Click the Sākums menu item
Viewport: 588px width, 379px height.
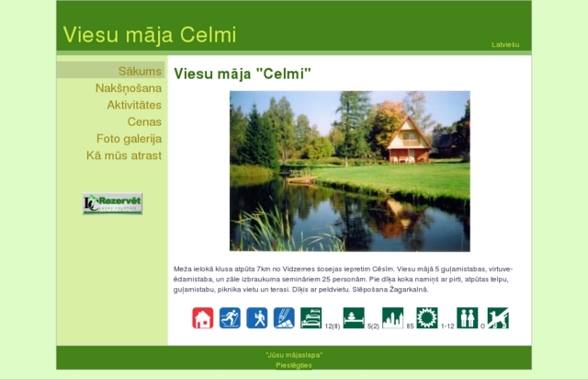tap(140, 71)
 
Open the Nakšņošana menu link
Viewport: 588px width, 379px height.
tap(129, 88)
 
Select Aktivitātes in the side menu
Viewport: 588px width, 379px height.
tap(134, 105)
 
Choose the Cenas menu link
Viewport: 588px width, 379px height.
tap(144, 121)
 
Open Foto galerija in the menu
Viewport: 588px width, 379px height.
tap(129, 139)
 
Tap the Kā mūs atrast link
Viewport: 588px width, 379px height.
tap(124, 155)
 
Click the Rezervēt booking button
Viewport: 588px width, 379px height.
tap(112, 203)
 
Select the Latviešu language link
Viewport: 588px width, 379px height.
tap(505, 44)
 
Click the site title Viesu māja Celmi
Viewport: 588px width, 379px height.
tap(150, 35)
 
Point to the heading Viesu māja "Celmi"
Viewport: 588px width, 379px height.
tap(243, 74)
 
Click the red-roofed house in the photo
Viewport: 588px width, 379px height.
tap(409, 140)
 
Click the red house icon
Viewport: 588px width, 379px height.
tap(203, 318)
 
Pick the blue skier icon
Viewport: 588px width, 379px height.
tap(230, 318)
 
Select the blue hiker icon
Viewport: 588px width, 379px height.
tap(257, 318)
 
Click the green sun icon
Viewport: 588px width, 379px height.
tap(427, 318)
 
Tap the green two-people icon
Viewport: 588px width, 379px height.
tap(468, 318)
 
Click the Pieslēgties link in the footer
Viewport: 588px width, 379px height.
tap(294, 365)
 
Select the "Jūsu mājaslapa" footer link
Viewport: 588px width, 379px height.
tap(294, 354)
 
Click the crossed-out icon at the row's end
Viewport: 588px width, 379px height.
tap(498, 318)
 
